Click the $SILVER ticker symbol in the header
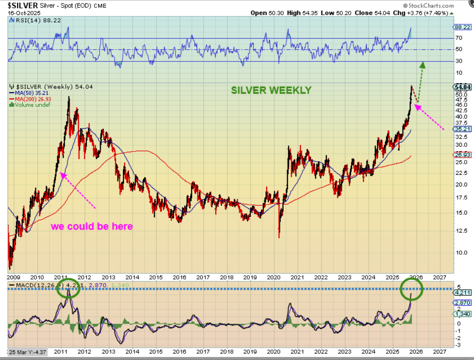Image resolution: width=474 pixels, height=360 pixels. coord(23,5)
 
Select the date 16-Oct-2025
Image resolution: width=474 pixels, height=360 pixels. coord(24,13)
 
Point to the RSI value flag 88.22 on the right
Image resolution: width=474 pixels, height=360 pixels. coord(462,27)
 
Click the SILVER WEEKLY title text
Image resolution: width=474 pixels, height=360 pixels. coord(271,90)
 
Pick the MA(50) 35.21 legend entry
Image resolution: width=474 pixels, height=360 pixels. coord(32,93)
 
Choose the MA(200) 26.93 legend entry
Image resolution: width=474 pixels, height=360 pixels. coord(33,99)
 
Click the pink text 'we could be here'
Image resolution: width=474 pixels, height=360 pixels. coord(92,226)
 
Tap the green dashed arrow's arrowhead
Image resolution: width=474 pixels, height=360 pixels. coord(422,65)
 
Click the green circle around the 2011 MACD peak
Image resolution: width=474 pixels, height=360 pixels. coord(68,288)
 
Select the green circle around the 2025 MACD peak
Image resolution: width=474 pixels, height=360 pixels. coord(411,288)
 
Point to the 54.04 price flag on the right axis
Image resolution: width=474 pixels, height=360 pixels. coord(462,87)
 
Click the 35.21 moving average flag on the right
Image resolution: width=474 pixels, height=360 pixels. coord(462,129)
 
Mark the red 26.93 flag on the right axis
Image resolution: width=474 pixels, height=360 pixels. coord(462,155)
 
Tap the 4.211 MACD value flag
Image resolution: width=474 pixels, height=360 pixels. coord(462,292)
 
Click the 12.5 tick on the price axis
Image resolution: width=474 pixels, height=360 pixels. coord(461,231)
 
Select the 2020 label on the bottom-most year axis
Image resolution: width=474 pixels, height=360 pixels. coord(274,352)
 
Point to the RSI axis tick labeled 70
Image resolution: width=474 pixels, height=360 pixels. coord(459,38)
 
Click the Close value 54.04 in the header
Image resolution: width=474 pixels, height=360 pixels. coord(382,13)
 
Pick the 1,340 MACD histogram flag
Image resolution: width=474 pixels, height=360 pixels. coord(462,314)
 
